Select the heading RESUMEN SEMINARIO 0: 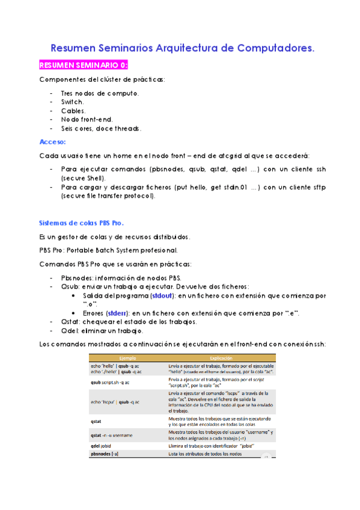point(83,65)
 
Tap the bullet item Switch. point(72,102)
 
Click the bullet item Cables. point(73,111)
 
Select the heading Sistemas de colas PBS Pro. point(81,222)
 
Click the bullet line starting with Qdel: point(102,331)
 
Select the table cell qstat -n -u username point(119,434)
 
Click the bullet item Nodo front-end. point(87,120)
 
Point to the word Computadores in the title point(275,47)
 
